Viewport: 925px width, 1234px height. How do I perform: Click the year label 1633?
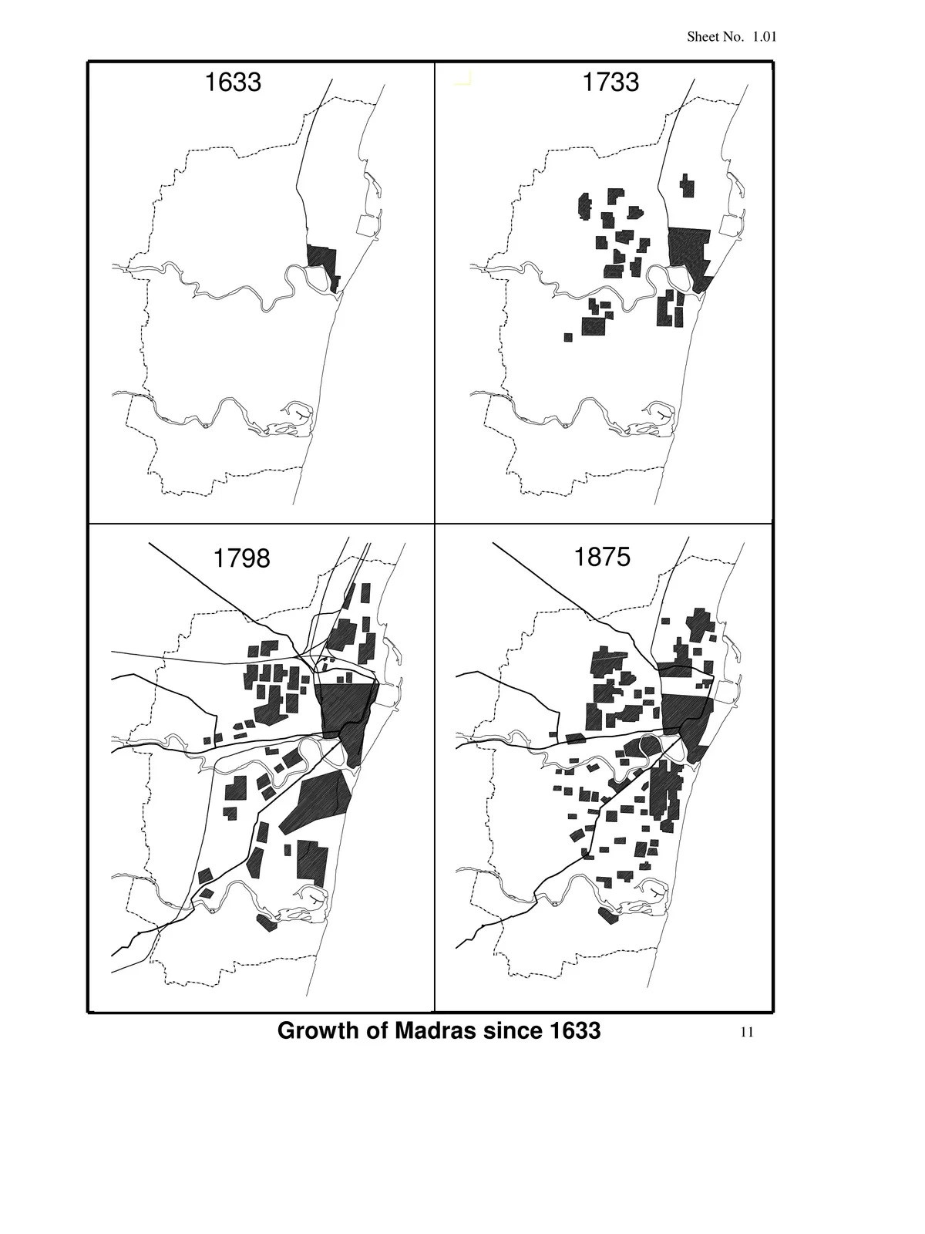point(232,82)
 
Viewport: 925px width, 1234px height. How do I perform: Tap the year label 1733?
point(610,82)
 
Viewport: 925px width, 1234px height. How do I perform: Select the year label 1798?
point(240,558)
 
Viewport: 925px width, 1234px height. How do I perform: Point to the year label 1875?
point(601,556)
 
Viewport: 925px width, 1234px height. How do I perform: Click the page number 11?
point(746,1032)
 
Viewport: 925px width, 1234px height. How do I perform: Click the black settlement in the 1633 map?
point(321,258)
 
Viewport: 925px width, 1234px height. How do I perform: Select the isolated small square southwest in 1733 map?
point(568,337)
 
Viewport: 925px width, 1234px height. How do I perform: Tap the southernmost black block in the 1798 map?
point(267,922)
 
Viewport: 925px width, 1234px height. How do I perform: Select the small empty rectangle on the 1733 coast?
point(728,225)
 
